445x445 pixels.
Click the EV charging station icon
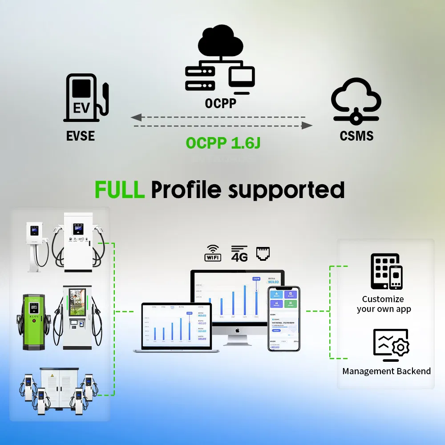86,97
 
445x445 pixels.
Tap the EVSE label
81,136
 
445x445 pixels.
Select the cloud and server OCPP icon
220,61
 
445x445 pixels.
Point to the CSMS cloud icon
356,101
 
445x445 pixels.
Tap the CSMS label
356,136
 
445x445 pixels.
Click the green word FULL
119,190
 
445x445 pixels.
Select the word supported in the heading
286,190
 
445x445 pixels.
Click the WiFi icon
213,253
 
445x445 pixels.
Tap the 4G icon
239,253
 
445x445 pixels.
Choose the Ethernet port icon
263,253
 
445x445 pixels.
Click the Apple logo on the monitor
237,330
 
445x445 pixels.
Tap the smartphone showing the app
283,319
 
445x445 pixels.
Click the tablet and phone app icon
386,271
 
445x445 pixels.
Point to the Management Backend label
386,371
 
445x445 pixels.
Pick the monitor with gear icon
391,345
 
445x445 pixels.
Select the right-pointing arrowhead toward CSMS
307,126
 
